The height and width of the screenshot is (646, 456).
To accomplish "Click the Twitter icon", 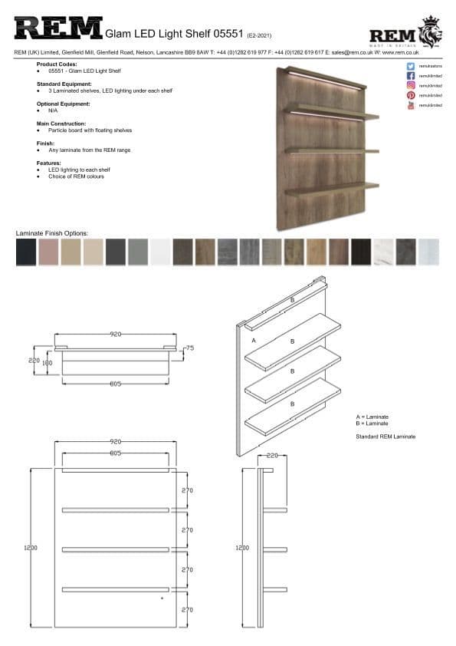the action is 412,67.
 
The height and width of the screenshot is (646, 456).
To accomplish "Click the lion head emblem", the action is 431,32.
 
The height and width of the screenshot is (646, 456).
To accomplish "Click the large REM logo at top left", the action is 58,30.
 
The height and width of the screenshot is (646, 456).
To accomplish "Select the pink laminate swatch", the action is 48,252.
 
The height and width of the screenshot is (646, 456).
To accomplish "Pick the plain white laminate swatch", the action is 159,252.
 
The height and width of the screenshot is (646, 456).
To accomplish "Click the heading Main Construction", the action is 61,123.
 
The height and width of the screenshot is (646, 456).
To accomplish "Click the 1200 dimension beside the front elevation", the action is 31,548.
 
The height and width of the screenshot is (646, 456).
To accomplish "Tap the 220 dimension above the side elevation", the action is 272,455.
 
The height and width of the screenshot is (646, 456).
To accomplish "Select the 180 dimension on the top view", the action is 47,363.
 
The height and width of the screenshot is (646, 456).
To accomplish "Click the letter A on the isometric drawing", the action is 253,338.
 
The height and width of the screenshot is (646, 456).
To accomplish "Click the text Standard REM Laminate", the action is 386,437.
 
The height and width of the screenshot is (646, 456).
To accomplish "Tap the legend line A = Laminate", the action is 372,417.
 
